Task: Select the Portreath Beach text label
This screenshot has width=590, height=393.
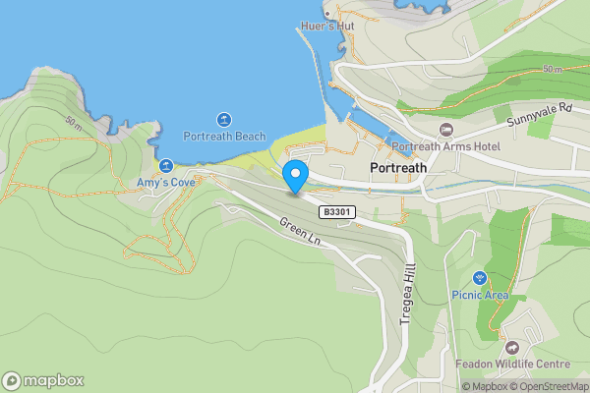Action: click(224, 137)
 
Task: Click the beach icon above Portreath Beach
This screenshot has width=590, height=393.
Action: click(224, 119)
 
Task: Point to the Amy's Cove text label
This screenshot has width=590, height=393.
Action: click(165, 183)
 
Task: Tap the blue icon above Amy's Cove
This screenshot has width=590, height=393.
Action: click(166, 166)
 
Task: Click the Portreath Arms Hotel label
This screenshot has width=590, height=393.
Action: click(445, 147)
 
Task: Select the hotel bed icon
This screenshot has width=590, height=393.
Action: click(445, 130)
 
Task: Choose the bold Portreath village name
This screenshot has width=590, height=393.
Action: click(398, 168)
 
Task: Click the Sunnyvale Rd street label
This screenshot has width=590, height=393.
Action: click(539, 115)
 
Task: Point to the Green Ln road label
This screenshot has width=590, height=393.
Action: click(300, 233)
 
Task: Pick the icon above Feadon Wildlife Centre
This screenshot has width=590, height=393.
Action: click(510, 347)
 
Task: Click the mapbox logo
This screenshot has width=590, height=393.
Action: click(43, 380)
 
